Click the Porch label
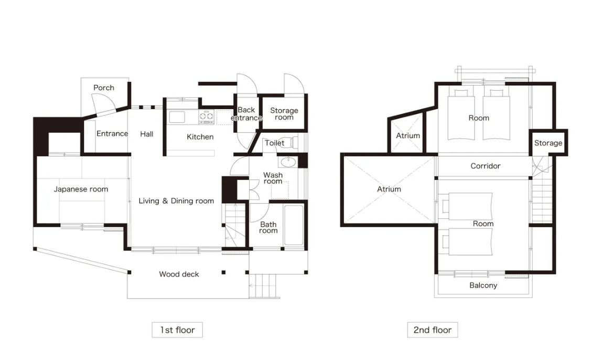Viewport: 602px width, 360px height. [x=104, y=88]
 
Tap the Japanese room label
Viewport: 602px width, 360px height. [x=81, y=189]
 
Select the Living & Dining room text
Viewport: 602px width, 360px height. [x=176, y=201]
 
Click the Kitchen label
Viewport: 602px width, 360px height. [x=200, y=137]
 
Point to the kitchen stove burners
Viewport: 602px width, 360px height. [x=207, y=117]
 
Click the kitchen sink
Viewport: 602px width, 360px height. [x=177, y=117]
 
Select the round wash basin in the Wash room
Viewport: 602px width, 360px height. [x=288, y=162]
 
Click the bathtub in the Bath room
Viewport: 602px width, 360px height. [x=294, y=225]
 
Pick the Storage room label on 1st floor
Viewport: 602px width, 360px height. [x=284, y=114]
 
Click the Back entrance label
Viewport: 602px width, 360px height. [x=246, y=114]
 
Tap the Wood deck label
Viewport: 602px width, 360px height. [x=179, y=274]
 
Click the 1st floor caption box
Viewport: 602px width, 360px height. [x=177, y=330]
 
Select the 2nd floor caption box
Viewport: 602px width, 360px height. [x=433, y=330]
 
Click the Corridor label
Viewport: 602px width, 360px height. [x=486, y=166]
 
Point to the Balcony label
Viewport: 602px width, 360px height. [x=483, y=285]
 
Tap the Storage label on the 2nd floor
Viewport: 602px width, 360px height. [x=549, y=143]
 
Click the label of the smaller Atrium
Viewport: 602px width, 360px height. [x=408, y=135]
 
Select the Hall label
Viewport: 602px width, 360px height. [x=147, y=134]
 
